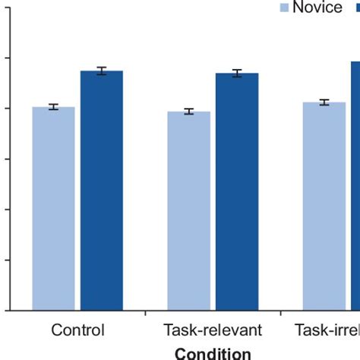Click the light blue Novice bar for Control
pyautogui.click(x=53, y=209)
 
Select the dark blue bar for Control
pyautogui.click(x=102, y=190)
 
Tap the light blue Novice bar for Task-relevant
pyautogui.click(x=188, y=211)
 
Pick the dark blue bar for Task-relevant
pyautogui.click(x=237, y=191)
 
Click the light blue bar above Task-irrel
pyautogui.click(x=324, y=206)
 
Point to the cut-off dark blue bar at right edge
pyautogui.click(x=355, y=186)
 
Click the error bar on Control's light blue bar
pyautogui.click(x=53, y=107)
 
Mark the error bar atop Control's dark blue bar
pyautogui.click(x=102, y=71)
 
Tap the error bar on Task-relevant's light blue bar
pyautogui.click(x=188, y=112)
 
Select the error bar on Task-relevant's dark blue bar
pyautogui.click(x=237, y=74)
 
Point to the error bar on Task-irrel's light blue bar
pyautogui.click(x=324, y=102)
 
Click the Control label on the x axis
pyautogui.click(x=77, y=330)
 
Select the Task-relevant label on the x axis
pyautogui.click(x=213, y=330)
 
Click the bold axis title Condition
pyautogui.click(x=213, y=352)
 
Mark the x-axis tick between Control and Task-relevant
pyautogui.click(x=145, y=312)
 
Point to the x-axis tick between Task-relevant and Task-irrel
pyautogui.click(x=280, y=312)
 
